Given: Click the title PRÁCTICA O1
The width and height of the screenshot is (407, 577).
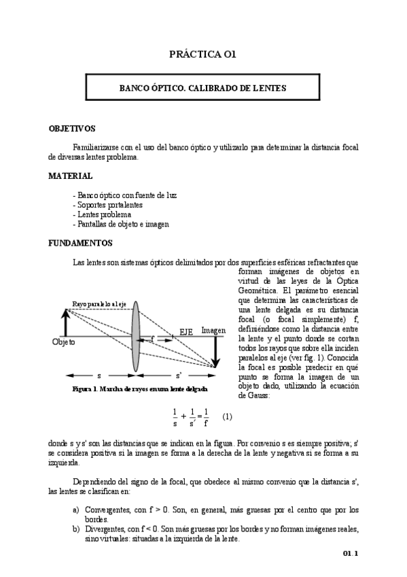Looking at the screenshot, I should point(203,54).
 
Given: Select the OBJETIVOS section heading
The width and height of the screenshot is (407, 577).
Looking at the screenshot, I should point(72,128).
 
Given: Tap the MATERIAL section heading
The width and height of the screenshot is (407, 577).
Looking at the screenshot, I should point(70,176).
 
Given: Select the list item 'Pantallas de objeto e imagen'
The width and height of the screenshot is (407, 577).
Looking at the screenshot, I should point(120,224).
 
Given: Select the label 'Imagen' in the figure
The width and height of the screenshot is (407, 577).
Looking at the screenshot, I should point(213,330).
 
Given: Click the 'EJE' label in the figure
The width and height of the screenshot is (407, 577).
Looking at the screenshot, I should point(186,331).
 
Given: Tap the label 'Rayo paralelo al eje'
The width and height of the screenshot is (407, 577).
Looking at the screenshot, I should point(99,303).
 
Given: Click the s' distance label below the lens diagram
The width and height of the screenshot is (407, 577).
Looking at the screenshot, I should point(179,375).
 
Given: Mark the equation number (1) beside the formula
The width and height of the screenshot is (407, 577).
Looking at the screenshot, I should point(227,416).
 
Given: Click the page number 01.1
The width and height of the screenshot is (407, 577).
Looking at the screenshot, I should point(350,554).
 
